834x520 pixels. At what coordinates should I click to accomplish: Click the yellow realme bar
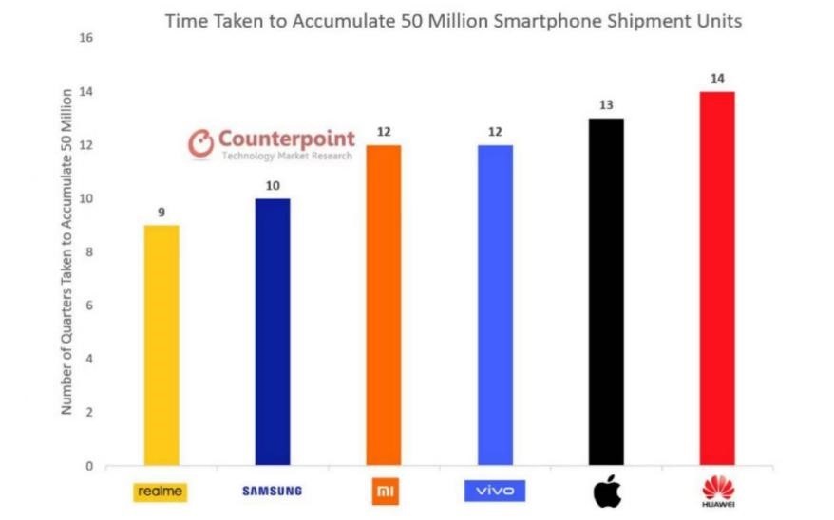point(161,345)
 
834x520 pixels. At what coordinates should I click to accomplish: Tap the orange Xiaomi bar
point(383,306)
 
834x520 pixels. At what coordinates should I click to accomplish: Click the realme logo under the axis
point(160,492)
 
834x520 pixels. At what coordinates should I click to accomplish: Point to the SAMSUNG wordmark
point(272,492)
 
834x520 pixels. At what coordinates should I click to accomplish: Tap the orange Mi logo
point(383,492)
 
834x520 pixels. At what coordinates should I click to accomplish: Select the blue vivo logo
point(494,492)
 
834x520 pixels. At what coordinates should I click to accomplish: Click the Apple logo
point(605,491)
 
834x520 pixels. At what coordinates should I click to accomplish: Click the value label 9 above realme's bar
point(161,213)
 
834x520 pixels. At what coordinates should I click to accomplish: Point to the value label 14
point(716,78)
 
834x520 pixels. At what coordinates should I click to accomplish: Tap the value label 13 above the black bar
point(605,104)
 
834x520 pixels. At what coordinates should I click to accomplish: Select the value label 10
point(272,186)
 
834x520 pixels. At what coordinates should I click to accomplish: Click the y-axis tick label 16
point(88,38)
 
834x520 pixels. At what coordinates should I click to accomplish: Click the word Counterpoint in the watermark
point(286,139)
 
